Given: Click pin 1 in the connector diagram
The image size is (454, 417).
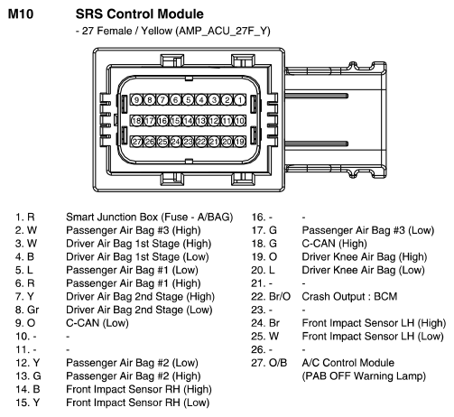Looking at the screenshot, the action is pos(240,100).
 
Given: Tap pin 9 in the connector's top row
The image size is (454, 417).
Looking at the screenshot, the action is pos(136,100).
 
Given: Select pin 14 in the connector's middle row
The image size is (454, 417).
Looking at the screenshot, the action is pos(189,121).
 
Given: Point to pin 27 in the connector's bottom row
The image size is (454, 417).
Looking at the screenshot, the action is pos(136,142).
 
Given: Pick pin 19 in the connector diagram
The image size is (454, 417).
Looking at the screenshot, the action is pos(240,142).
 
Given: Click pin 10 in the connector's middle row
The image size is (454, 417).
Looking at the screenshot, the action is pos(240,121).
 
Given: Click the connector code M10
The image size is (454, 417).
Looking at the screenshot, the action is pos(21,14).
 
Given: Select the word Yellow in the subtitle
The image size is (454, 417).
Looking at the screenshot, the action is pos(157,31).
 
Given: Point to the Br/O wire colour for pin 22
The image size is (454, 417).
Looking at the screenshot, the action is pos(280,297).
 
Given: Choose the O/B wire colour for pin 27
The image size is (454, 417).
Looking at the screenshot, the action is pos(278,363).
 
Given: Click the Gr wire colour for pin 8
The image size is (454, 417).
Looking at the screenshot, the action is pos(33,310).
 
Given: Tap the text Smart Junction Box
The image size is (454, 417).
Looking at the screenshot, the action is pos(112,218).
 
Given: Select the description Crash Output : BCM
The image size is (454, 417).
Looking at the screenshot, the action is pos(349,297).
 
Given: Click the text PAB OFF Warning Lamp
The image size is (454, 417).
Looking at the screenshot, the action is pos(364,376).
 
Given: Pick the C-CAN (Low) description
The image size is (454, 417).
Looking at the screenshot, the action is pos(97,323).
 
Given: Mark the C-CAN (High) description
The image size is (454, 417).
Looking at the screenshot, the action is pos(335,244).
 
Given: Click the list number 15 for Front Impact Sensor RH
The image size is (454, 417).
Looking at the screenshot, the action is pos(21,403).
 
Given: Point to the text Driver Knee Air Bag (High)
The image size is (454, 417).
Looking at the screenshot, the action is pos(365,257).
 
